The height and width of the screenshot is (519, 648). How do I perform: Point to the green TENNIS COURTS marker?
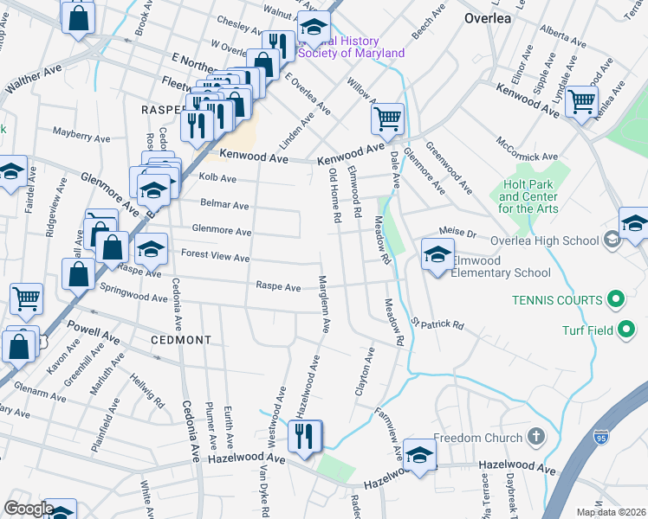(617, 300)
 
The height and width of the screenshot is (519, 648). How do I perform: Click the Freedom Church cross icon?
(536, 437)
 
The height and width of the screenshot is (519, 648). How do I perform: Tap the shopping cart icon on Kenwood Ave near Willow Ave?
(387, 119)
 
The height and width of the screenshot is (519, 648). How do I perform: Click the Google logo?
(29, 509)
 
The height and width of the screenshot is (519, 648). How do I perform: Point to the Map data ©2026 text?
(610, 512)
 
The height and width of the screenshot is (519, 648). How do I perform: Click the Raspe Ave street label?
(278, 286)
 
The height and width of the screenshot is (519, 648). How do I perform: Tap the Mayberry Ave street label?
(81, 137)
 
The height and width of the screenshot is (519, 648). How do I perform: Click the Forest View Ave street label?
(215, 257)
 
